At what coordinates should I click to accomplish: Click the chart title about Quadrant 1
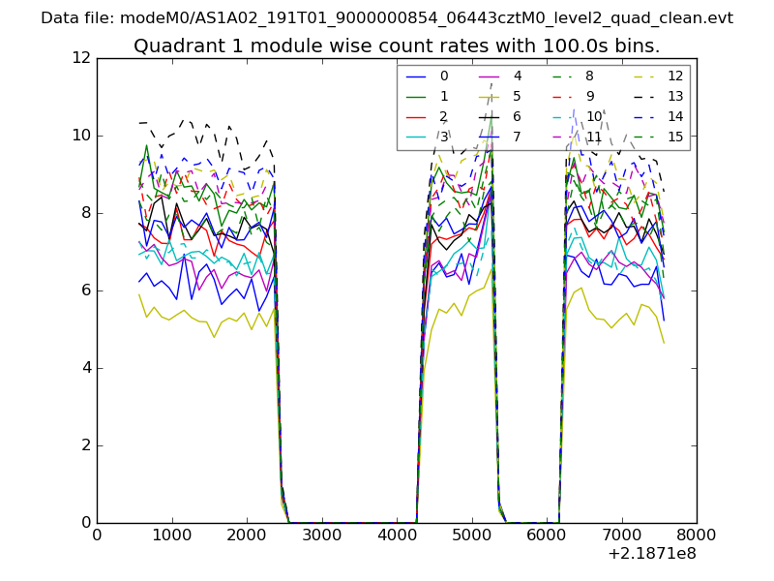[397, 46]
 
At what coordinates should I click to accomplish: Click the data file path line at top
[387, 18]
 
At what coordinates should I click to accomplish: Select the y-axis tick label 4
[86, 368]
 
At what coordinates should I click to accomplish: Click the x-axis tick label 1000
[171, 535]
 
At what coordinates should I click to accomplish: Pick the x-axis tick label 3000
[321, 535]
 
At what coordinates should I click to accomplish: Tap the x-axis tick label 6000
[547, 535]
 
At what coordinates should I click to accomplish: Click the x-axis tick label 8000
[697, 535]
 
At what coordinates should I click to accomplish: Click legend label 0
[444, 76]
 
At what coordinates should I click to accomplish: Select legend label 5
[518, 96]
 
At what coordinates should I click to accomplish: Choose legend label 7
[518, 137]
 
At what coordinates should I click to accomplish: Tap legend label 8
[590, 76]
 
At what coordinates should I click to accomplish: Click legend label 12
[675, 76]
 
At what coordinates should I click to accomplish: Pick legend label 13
[675, 96]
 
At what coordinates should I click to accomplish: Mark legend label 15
[675, 137]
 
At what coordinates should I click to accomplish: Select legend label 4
[518, 76]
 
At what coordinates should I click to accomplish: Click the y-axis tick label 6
[86, 290]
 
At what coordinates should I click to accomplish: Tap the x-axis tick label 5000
[471, 535]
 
